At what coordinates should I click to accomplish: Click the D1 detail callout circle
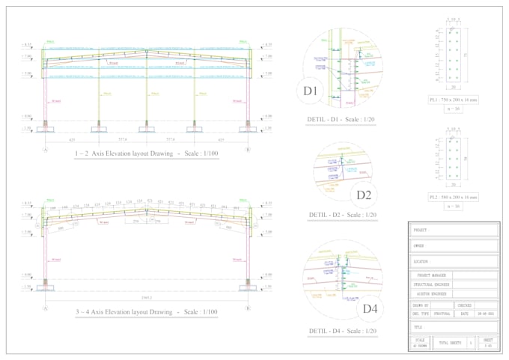click(x=311, y=91)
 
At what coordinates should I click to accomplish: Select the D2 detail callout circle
click(x=365, y=195)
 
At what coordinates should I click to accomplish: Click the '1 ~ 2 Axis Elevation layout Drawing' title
click(x=147, y=153)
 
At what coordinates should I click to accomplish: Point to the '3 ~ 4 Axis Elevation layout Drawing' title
click(x=147, y=311)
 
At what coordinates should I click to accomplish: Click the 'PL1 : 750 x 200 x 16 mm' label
click(x=453, y=100)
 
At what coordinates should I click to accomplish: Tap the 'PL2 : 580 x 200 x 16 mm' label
click(x=453, y=198)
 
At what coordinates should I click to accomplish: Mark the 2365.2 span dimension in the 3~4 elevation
click(x=147, y=297)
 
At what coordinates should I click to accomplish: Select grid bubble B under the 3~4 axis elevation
click(x=249, y=308)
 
